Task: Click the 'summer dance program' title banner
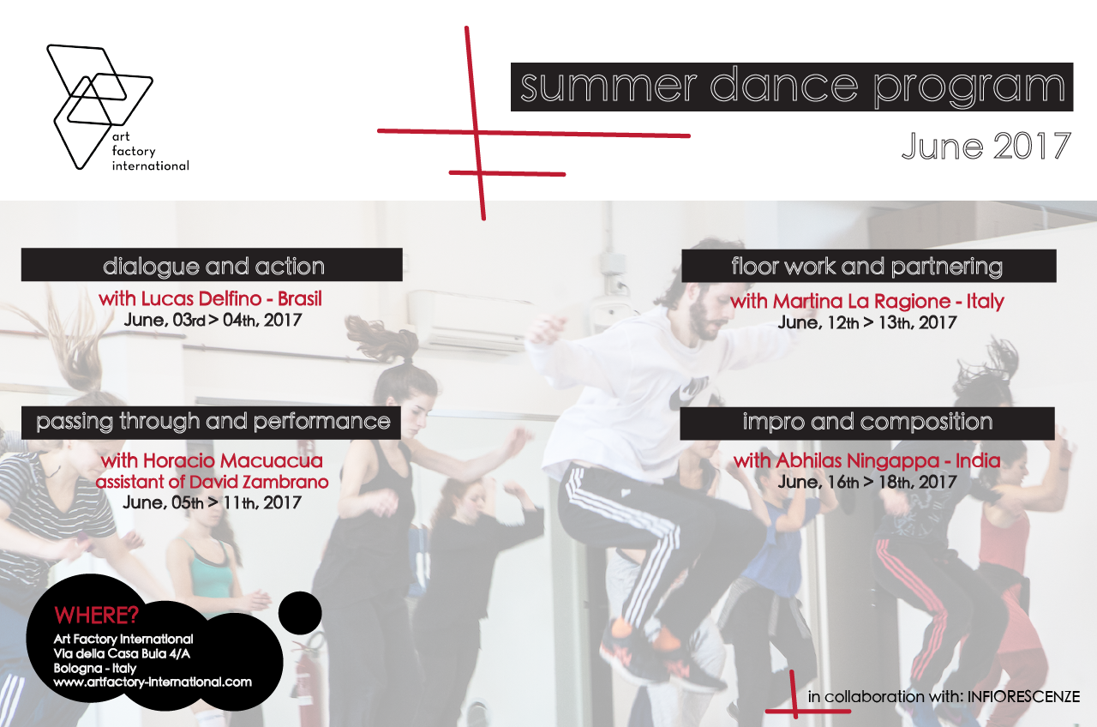click(792, 87)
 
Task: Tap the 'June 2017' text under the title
click(986, 146)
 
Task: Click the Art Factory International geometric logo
click(100, 107)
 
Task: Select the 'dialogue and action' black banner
click(212, 265)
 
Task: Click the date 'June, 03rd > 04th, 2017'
click(213, 321)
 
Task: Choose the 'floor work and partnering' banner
click(868, 266)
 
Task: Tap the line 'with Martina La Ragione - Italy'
click(867, 301)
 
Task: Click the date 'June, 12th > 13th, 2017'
click(867, 322)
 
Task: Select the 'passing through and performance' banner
click(211, 423)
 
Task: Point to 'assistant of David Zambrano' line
click(212, 482)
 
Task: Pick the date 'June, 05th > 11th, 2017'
click(212, 503)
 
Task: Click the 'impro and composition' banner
click(867, 424)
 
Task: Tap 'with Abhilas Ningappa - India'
click(866, 461)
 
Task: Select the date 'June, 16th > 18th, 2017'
click(867, 482)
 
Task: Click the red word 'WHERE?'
click(97, 616)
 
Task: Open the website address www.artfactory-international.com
click(153, 682)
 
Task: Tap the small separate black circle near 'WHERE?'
click(300, 613)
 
